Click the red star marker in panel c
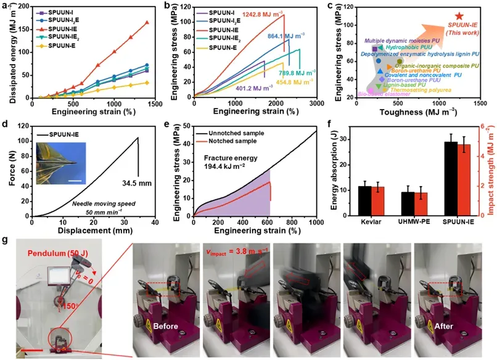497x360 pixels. [459, 16]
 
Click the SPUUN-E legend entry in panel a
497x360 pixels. [62, 45]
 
